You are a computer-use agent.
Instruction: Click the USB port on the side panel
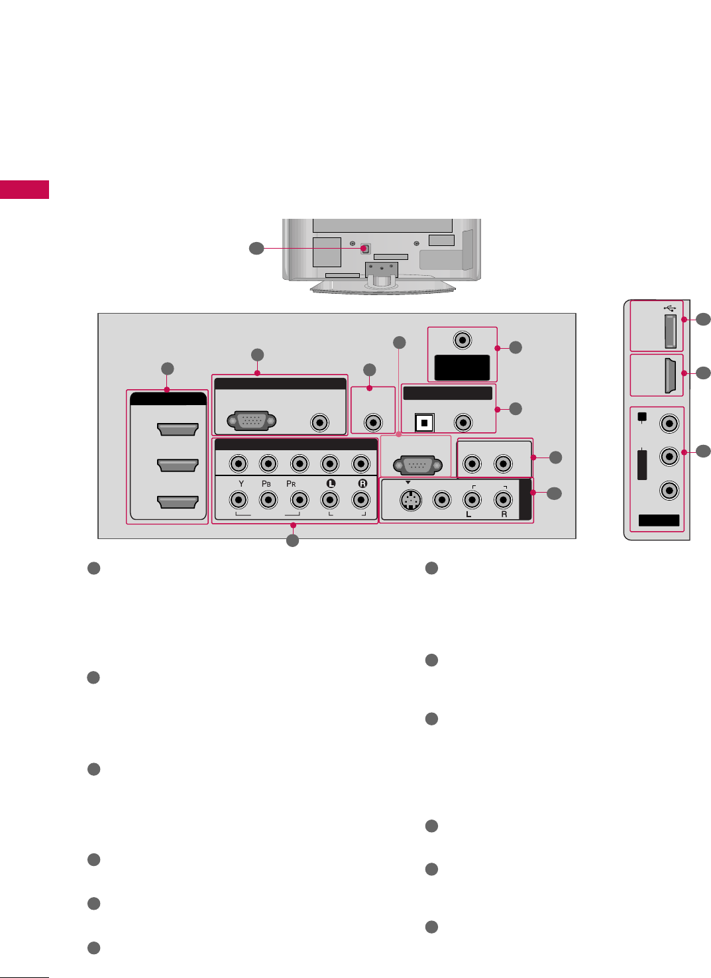[670, 332]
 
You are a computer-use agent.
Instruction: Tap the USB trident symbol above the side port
[669, 308]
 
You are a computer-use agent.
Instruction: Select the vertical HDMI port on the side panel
[670, 375]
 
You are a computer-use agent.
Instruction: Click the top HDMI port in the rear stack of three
[178, 430]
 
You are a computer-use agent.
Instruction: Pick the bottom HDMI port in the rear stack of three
[178, 502]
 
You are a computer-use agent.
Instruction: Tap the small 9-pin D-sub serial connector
[418, 465]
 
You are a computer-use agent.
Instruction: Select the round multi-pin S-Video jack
[411, 500]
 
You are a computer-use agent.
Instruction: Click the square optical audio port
[424, 422]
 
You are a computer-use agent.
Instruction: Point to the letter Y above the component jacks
[241, 484]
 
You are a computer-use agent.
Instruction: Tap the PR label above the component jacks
[291, 484]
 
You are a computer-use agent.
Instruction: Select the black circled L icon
[331, 483]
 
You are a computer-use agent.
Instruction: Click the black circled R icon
[362, 483]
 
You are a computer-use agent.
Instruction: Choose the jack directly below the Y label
[238, 500]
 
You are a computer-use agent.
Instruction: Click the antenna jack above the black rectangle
[462, 341]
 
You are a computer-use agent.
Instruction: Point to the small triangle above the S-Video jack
[408, 483]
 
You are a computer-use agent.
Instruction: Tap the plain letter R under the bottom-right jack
[504, 515]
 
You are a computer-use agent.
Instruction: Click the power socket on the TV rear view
[365, 249]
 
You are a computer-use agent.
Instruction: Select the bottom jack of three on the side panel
[670, 491]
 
